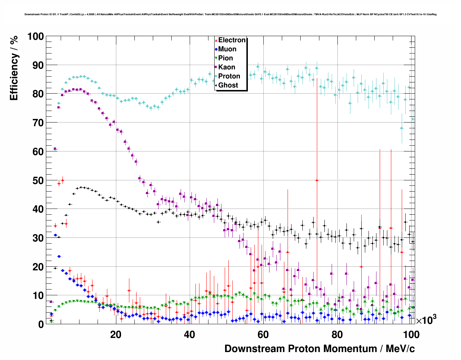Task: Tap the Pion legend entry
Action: click(x=225, y=58)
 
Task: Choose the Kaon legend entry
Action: click(x=227, y=67)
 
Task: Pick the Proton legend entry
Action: click(x=229, y=76)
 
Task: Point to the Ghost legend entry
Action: click(x=228, y=85)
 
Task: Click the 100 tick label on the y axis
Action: click(x=35, y=37)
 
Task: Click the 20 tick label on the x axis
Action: click(x=116, y=335)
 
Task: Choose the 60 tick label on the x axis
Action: click(x=263, y=335)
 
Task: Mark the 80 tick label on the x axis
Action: click(x=337, y=335)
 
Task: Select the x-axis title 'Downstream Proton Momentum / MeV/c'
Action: click(x=319, y=349)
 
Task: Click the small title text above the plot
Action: click(x=231, y=14)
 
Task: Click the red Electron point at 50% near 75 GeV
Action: click(x=317, y=180)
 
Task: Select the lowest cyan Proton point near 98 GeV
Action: click(x=402, y=128)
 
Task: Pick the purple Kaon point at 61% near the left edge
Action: click(x=55, y=149)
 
